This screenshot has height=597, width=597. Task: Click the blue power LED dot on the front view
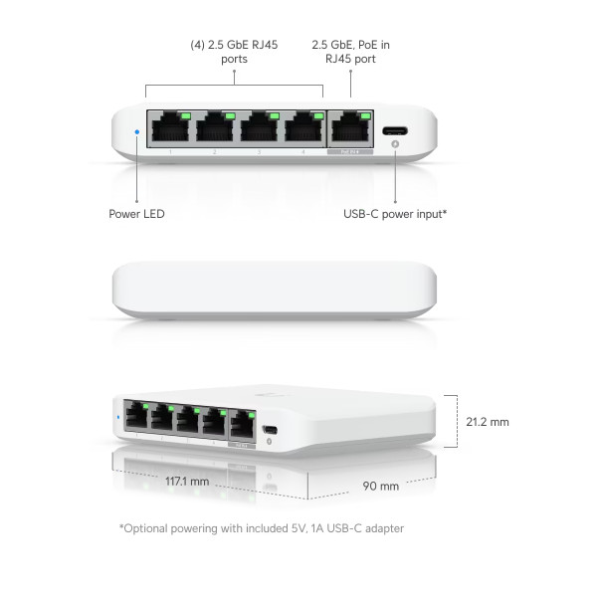(137, 132)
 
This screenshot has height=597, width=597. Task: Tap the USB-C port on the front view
(395, 131)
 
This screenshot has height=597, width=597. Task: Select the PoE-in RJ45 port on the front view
(350, 129)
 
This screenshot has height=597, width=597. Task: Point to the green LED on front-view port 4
(318, 115)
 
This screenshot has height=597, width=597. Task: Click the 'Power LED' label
(136, 214)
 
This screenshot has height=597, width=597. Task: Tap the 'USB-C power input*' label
(395, 214)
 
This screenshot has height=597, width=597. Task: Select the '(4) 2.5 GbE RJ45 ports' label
(234, 52)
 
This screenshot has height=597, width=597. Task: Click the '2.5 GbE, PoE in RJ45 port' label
(350, 52)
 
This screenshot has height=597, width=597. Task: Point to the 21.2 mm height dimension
(488, 422)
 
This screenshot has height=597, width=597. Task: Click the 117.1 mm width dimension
(187, 482)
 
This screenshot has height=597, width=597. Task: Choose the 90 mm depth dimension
(381, 487)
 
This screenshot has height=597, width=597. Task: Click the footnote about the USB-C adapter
(262, 528)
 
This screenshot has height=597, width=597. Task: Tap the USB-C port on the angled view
(270, 430)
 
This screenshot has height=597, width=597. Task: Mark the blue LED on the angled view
(118, 417)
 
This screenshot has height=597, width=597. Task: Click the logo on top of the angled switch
(270, 395)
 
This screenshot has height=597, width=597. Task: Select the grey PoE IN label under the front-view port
(350, 152)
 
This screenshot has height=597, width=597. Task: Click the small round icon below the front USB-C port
(395, 144)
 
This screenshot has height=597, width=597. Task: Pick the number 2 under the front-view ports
(215, 152)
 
